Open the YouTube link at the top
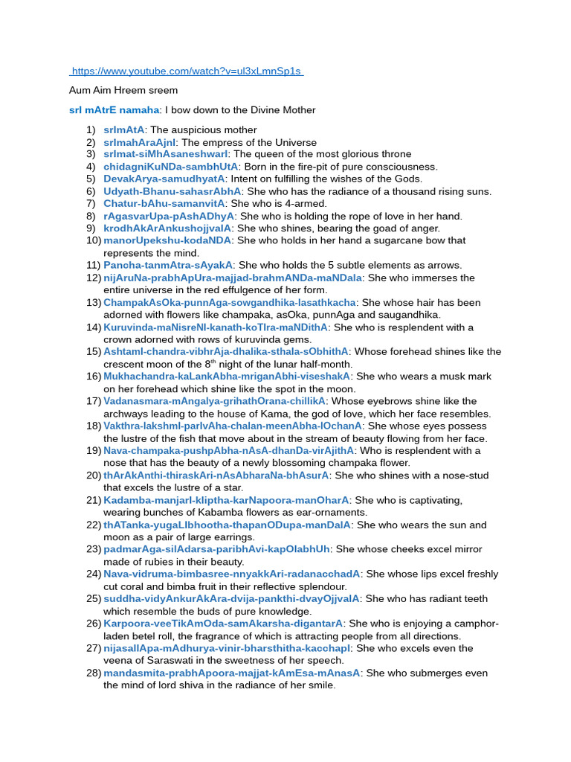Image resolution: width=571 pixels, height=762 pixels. click(x=186, y=71)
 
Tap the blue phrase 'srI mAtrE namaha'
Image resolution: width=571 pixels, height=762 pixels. click(x=113, y=110)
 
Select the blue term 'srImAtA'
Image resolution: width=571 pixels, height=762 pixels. click(x=124, y=129)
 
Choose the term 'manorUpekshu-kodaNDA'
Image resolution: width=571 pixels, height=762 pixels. click(x=168, y=240)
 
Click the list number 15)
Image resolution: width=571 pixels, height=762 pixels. click(x=94, y=351)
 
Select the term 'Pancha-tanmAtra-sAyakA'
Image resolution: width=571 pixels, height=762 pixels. click(x=168, y=265)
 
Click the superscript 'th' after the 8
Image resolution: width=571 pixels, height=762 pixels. click(x=213, y=362)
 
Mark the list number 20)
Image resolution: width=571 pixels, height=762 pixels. click(x=94, y=475)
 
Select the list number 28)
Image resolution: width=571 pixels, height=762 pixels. click(x=94, y=673)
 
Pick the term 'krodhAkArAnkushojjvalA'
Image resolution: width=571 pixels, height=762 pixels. click(x=167, y=228)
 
